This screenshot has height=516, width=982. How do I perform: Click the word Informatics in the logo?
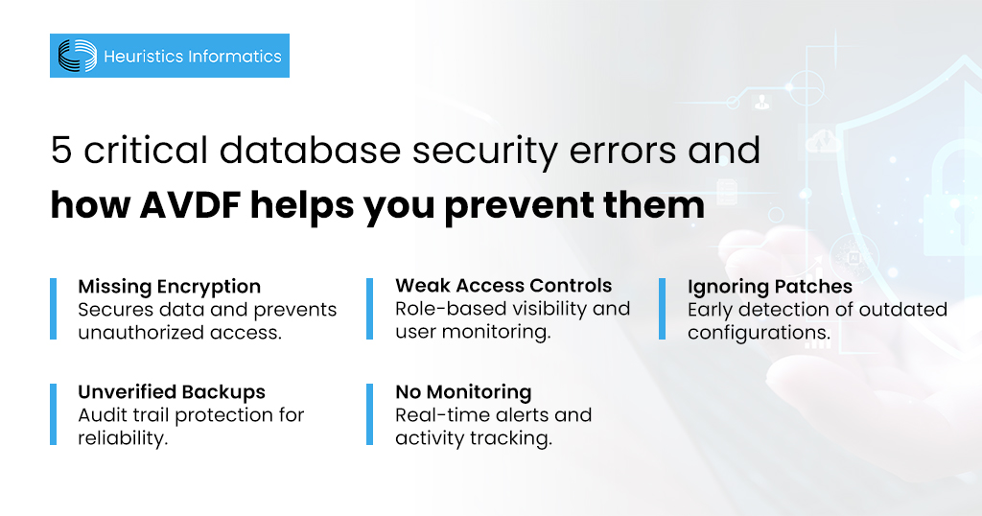(235, 57)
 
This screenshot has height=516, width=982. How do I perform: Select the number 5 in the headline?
(61, 152)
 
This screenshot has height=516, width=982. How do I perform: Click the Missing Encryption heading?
(169, 286)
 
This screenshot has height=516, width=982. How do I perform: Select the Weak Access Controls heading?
(503, 285)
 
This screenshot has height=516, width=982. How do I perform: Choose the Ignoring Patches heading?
(769, 286)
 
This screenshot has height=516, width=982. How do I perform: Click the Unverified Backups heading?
(171, 391)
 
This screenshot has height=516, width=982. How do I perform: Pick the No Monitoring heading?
(463, 391)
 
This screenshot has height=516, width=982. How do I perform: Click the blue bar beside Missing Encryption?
(54, 309)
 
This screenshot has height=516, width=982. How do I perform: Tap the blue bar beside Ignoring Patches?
(662, 309)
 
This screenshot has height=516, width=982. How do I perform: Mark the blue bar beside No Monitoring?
(370, 414)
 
